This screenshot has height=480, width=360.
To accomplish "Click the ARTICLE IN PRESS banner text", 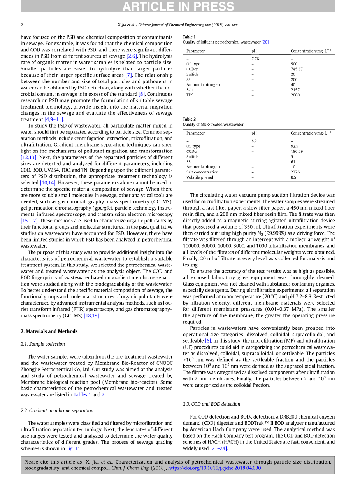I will (x=179, y=7).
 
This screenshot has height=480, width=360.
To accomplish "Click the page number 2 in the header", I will (x=22, y=25).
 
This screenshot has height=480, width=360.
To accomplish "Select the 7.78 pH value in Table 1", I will (x=255, y=59).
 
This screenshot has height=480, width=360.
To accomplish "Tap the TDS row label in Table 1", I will (x=190, y=95).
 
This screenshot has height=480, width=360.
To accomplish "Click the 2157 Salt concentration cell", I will (x=295, y=90).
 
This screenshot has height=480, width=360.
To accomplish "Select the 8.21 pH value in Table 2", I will (x=255, y=141).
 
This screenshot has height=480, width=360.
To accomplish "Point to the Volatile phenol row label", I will (x=200, y=177).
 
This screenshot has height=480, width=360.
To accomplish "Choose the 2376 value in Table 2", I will (x=295, y=172).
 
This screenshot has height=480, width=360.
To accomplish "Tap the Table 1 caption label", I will (x=189, y=37).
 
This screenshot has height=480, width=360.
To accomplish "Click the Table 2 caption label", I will (x=189, y=119).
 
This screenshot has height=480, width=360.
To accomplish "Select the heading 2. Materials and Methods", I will (x=49, y=331).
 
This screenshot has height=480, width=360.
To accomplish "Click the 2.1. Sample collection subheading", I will (x=42, y=344).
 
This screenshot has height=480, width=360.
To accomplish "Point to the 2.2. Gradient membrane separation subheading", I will (x=57, y=410).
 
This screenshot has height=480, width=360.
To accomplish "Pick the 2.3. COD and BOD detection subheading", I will (x=211, y=404).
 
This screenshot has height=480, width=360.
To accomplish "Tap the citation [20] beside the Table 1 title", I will (x=265, y=42).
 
